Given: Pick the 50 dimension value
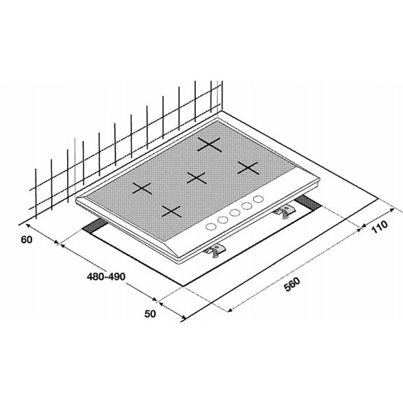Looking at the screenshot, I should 149,314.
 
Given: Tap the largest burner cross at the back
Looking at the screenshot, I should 209,144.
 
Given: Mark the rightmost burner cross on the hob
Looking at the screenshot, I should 247,167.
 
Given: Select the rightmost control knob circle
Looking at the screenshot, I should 260,199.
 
